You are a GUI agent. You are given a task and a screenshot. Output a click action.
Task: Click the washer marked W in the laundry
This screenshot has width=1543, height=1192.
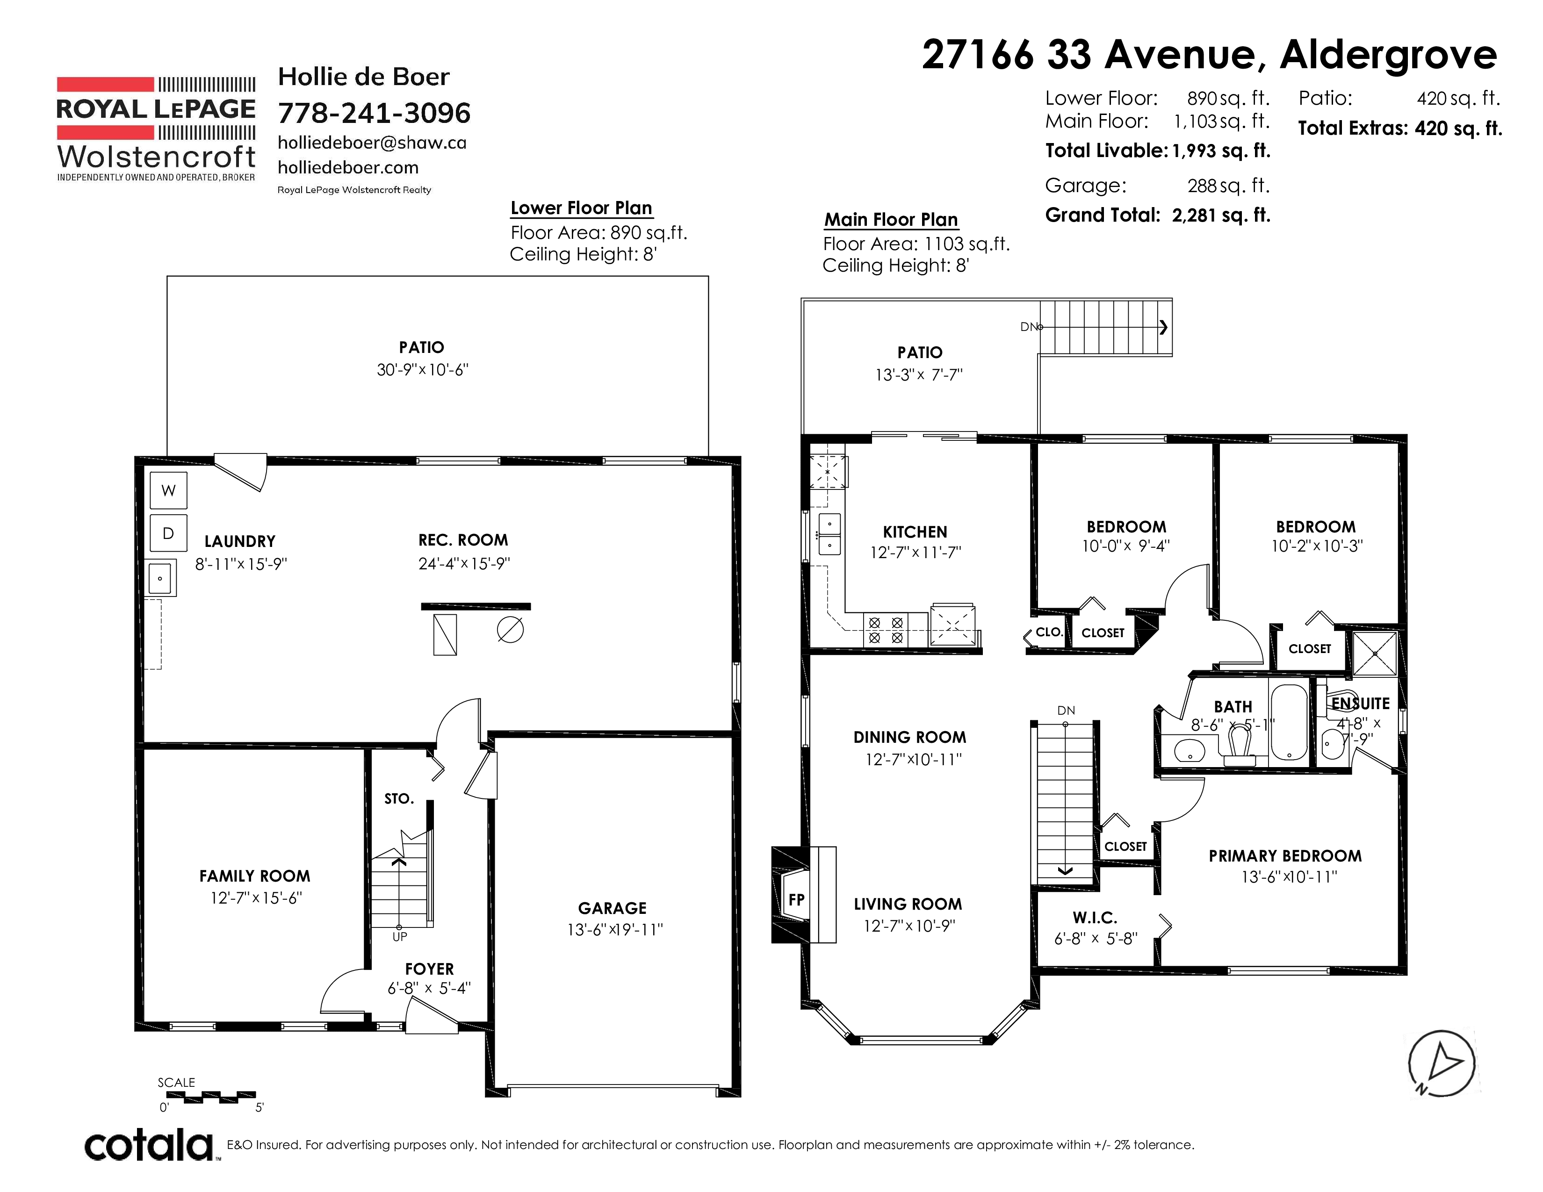(x=168, y=490)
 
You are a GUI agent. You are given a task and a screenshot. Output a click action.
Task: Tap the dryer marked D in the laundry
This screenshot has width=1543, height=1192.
(x=168, y=533)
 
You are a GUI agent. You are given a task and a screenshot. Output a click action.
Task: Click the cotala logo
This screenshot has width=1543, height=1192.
(x=150, y=1145)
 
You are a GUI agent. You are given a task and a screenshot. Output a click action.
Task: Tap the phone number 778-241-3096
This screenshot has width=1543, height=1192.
(x=374, y=113)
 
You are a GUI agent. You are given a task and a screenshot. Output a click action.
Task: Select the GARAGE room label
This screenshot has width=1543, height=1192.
(x=612, y=908)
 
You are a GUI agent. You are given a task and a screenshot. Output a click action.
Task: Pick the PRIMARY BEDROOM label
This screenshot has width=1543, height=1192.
(x=1285, y=856)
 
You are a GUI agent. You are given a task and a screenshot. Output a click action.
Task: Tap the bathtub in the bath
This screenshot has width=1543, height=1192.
(x=1290, y=722)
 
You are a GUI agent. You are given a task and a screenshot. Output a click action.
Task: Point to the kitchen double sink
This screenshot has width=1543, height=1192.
(x=829, y=534)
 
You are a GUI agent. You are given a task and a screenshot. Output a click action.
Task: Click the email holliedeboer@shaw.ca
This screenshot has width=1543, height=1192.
(x=372, y=143)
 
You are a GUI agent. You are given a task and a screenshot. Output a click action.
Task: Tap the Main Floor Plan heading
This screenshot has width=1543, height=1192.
(x=891, y=220)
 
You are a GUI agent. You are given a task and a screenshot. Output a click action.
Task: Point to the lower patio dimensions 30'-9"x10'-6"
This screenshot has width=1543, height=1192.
(x=423, y=369)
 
